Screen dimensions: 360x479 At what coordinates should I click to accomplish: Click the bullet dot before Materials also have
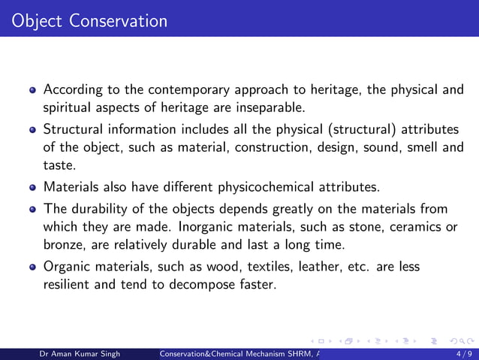(32, 187)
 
